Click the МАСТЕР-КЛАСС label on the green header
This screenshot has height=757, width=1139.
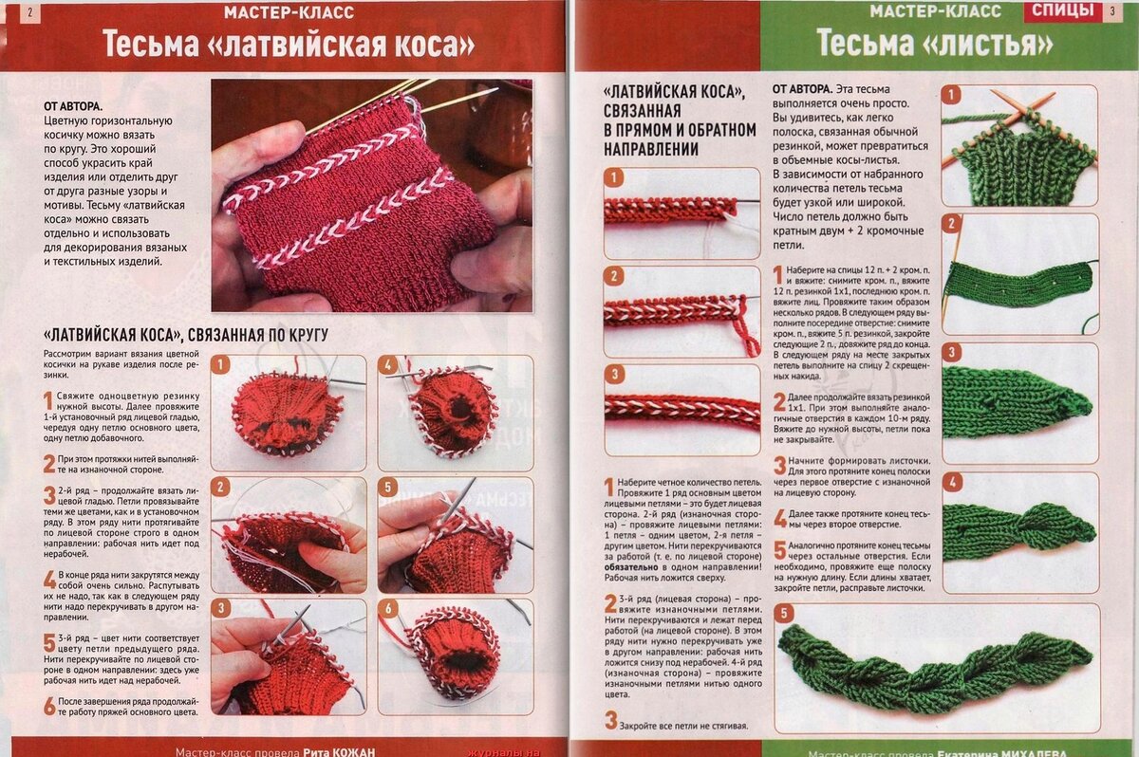935,12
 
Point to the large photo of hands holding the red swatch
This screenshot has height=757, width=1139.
371,194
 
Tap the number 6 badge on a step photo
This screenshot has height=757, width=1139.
388,608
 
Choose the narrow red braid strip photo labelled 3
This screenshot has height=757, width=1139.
682,406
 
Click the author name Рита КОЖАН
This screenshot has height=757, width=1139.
340,750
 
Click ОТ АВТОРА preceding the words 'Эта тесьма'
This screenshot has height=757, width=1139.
803,88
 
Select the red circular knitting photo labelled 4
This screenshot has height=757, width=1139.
454,413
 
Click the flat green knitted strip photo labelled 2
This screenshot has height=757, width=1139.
1018,274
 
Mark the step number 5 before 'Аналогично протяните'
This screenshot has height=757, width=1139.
779,551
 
